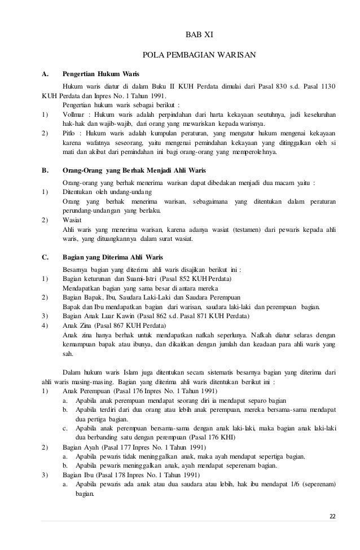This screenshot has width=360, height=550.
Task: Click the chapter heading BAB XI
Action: click(x=199, y=36)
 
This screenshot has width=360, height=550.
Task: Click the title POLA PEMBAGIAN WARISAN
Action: click(x=199, y=55)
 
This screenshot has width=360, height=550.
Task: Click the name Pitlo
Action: click(x=71, y=134)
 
